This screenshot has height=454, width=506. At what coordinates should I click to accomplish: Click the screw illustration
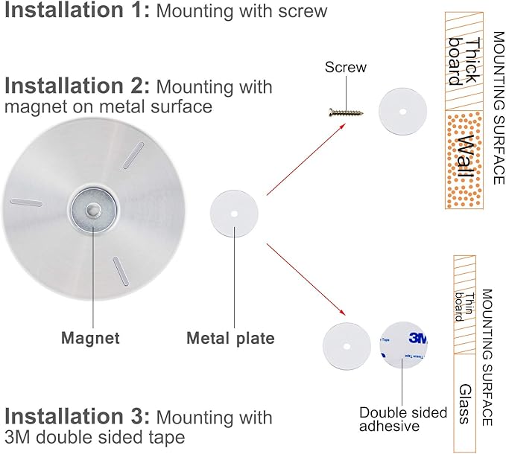coord(346,112)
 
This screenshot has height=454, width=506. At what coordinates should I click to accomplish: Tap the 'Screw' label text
coord(346,67)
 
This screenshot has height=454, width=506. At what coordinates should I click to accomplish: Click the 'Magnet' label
coord(90,338)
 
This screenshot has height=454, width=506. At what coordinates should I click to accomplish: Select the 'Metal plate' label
coord(230,339)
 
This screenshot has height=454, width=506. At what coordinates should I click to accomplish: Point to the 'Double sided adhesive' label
coord(403,419)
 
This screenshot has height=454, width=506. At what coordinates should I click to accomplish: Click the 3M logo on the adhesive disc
coord(418,338)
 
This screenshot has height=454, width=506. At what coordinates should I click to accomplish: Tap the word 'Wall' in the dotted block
coord(466,160)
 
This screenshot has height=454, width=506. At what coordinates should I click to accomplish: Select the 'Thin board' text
coord(465,307)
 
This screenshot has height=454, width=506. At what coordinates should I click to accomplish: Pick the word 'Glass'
coord(465,403)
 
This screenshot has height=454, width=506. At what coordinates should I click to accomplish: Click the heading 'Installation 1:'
coord(78,10)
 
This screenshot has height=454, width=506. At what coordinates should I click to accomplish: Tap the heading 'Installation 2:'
coord(78,86)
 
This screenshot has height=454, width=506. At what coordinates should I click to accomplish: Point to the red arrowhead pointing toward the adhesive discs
coord(342,312)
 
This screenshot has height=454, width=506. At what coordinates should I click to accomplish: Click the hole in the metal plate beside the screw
coord(402,112)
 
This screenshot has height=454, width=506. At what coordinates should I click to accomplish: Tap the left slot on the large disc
coord(26,202)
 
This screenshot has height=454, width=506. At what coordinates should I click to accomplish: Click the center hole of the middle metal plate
coord(234,214)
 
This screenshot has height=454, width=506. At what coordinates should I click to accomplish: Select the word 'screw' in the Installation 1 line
coord(303,11)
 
